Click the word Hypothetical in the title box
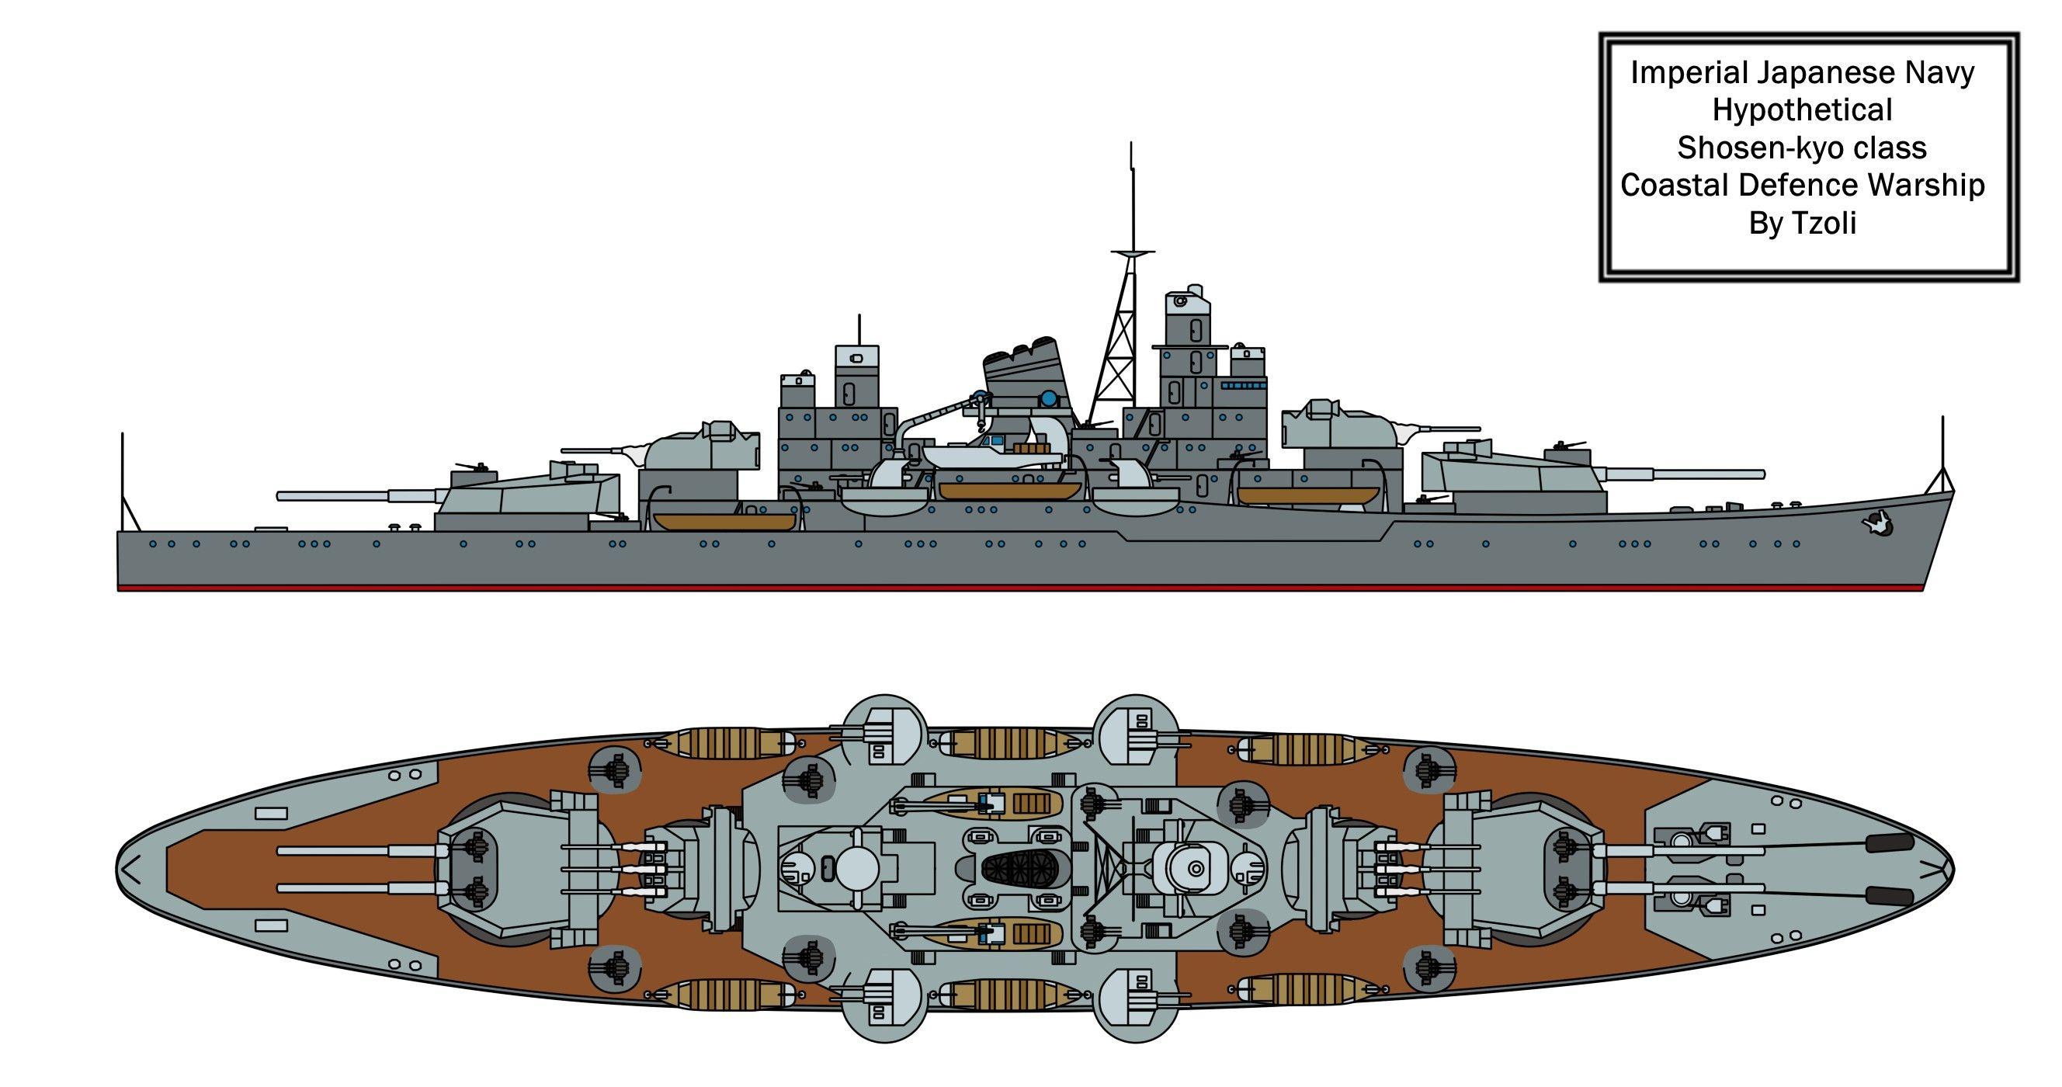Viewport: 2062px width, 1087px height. point(1802,109)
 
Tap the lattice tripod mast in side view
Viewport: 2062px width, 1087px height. point(1120,352)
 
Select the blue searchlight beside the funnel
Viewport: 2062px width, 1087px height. point(1048,398)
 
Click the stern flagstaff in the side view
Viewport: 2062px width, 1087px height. point(123,481)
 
